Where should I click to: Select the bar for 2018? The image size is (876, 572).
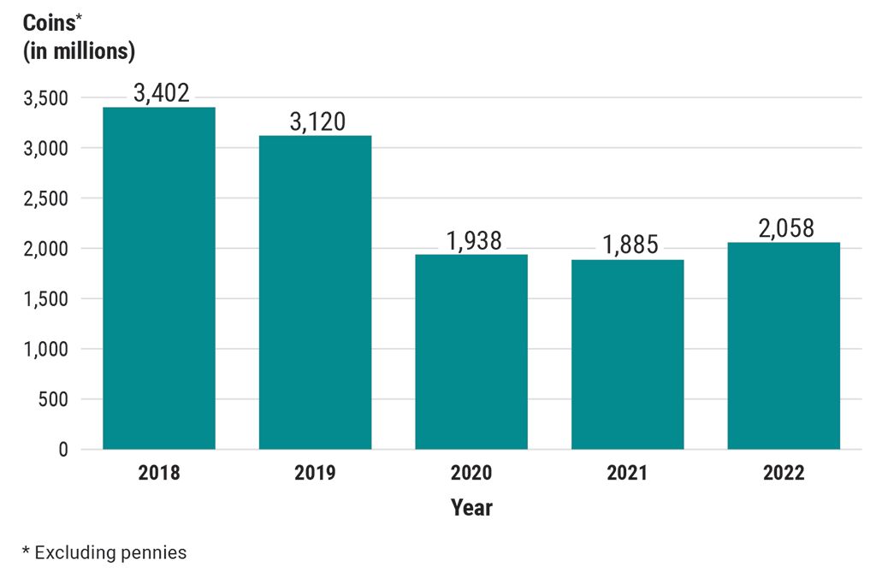click(x=159, y=278)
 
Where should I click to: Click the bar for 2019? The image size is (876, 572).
click(x=315, y=292)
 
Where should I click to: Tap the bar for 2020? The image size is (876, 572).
click(x=471, y=351)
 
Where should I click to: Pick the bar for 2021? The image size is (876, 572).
click(x=627, y=354)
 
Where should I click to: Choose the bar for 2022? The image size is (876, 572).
click(x=784, y=345)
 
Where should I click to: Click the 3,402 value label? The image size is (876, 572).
click(x=159, y=92)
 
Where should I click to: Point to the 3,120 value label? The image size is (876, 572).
click(x=317, y=121)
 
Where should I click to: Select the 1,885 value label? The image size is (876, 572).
click(x=629, y=245)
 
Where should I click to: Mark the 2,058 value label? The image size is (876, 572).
click(x=784, y=228)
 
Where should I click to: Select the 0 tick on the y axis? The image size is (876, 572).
click(x=62, y=450)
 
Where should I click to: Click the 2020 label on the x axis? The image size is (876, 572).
click(x=471, y=473)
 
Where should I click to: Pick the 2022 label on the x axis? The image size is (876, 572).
click(x=784, y=473)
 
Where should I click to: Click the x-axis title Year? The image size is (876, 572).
click(x=471, y=508)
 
